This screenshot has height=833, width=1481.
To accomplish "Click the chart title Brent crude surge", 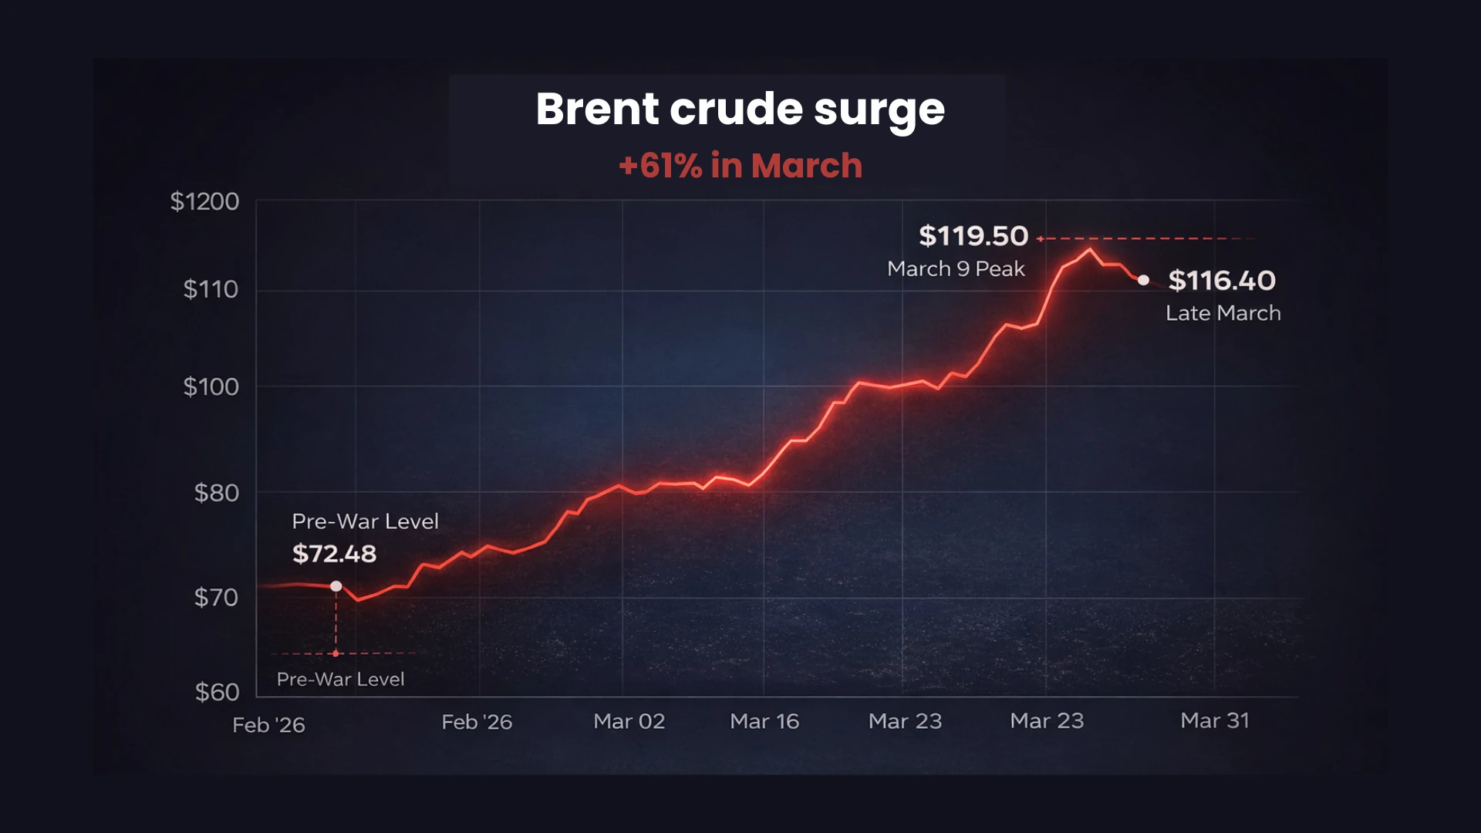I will [740, 109].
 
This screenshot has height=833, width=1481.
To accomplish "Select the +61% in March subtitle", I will [740, 166].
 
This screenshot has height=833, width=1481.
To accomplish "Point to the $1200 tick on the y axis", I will [204, 202].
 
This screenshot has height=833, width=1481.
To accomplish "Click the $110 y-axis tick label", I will [211, 290].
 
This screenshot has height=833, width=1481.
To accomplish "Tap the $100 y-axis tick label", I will [211, 386].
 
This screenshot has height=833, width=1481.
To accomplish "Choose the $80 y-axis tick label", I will [216, 493].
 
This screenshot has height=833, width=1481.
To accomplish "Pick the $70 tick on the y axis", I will [216, 597].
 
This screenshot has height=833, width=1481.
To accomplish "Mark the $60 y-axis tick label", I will [217, 692].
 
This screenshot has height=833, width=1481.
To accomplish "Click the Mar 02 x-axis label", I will [629, 721].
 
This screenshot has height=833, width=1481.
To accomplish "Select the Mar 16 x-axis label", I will [764, 721].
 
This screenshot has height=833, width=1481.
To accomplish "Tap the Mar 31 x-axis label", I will [1215, 720].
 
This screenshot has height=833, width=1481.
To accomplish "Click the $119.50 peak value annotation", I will [973, 236].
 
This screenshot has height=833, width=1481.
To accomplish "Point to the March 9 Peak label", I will [956, 269].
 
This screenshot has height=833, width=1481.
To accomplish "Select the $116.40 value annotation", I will [1222, 281].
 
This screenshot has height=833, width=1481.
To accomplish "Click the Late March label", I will [1223, 313].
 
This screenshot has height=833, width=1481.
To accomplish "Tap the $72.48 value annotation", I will [334, 554].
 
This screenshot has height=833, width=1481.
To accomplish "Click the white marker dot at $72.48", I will [336, 586].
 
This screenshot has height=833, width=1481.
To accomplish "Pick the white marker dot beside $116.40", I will [1143, 280].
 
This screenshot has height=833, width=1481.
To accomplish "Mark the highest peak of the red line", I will [1089, 249].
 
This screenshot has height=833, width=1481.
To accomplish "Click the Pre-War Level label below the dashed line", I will [340, 680].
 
